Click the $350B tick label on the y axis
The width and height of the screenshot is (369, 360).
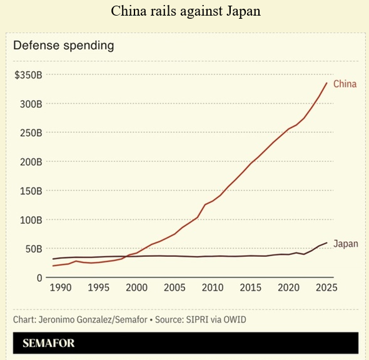coord(28,75)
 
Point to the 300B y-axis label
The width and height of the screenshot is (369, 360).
coord(31,104)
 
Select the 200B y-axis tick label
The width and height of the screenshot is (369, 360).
coord(31,162)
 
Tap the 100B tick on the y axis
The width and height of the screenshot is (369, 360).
coord(31,220)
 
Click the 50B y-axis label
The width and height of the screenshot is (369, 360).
coord(34,249)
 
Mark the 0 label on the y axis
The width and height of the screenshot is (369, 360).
coord(39,278)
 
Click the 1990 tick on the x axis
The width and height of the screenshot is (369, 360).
coord(61,287)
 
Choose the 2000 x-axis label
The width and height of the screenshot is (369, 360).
coord(136,287)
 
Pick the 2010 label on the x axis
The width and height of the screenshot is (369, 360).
coord(213,287)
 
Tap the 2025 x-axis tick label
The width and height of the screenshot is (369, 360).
coord(326,287)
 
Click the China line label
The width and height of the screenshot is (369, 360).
coord(345,84)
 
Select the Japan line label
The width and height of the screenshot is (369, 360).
coord(346,244)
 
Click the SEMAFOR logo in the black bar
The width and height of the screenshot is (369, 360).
coord(49,343)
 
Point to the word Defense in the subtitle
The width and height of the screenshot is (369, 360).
coord(36,45)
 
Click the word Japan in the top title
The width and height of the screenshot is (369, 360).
coord(243,11)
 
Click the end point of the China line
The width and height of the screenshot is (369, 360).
coord(326,82)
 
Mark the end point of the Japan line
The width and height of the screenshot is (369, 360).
coord(326,242)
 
